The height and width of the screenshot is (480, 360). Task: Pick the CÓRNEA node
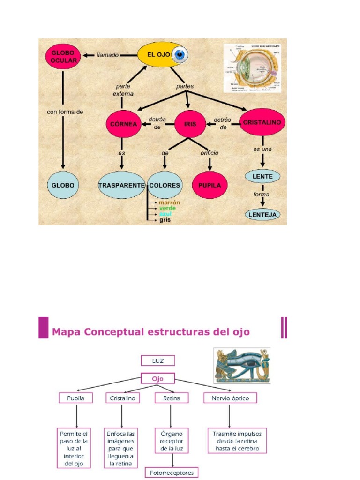point(124,124)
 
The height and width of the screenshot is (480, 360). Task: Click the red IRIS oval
point(190,124)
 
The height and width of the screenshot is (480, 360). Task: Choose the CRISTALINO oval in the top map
point(262,122)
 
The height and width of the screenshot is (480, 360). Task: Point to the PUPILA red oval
point(210,185)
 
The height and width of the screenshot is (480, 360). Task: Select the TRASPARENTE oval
point(121,185)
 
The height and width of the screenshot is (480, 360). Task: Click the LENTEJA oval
point(262,215)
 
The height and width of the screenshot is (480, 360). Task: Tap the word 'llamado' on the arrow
point(108,55)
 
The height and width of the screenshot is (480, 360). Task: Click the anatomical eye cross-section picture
point(252,67)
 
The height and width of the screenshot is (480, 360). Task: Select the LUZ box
point(157,360)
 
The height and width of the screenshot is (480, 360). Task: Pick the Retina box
point(171,398)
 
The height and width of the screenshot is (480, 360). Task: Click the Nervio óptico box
point(231,398)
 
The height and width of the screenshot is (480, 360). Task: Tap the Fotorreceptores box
point(172,472)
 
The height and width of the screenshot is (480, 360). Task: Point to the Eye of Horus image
point(242,366)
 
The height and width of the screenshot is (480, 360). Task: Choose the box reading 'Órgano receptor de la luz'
point(171,441)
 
